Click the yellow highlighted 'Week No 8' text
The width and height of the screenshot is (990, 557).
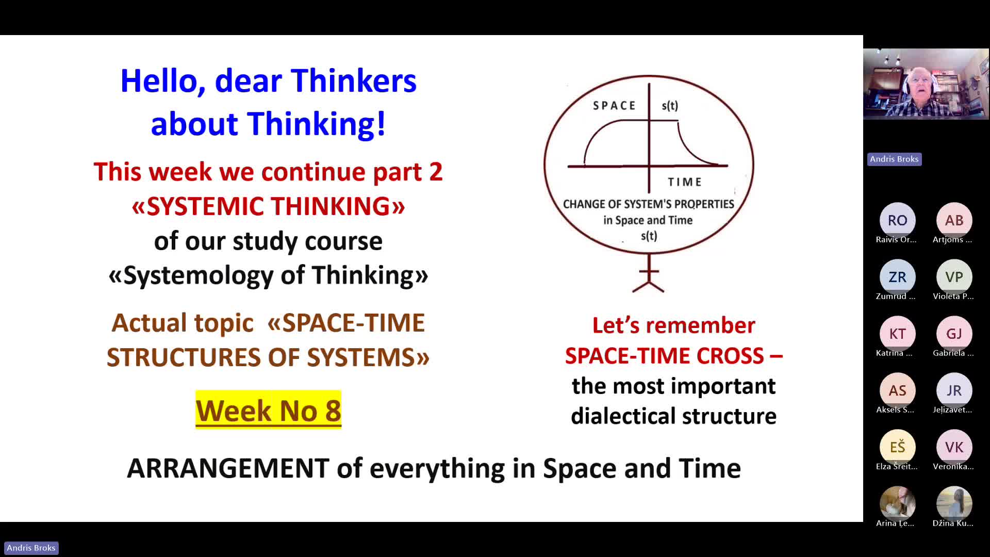[268, 410]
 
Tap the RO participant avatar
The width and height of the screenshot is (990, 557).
[897, 220]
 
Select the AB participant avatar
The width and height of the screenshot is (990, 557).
[954, 220]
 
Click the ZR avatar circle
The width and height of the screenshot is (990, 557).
[897, 277]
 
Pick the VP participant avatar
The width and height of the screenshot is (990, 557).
[954, 277]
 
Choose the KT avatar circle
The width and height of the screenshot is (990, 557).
[897, 334]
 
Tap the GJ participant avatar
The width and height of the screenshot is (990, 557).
[954, 334]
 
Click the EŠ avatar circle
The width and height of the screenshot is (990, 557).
[897, 447]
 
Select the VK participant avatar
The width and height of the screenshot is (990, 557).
[954, 447]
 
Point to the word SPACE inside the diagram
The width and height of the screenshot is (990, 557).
[614, 106]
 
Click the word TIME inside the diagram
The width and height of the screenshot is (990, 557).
[685, 182]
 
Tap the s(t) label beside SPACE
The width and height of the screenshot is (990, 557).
[670, 106]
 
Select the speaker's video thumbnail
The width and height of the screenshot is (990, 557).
[926, 84]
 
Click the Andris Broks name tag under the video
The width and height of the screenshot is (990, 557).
[894, 159]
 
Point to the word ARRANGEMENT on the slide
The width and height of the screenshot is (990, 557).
[228, 468]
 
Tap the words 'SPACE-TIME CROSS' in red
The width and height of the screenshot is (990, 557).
[664, 356]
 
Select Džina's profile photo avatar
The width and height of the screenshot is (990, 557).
[954, 504]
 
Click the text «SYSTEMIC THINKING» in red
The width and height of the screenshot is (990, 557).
[268, 206]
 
